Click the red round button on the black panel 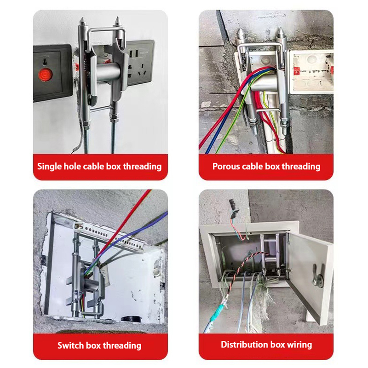click(45, 75)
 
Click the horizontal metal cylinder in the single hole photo click(106, 72)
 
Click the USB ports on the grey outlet click(133, 54)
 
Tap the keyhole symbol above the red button click(44, 62)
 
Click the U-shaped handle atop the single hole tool click(106, 33)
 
